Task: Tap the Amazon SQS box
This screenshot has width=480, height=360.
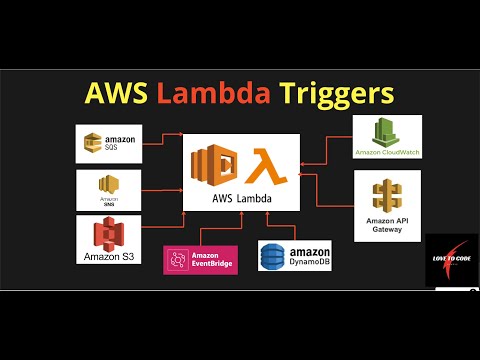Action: (110, 144)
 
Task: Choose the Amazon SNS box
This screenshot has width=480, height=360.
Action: (110, 189)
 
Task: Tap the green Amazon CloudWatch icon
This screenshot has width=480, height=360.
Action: (387, 133)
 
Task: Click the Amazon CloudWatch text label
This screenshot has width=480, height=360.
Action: (388, 153)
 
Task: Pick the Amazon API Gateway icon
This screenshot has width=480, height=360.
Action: (388, 194)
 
